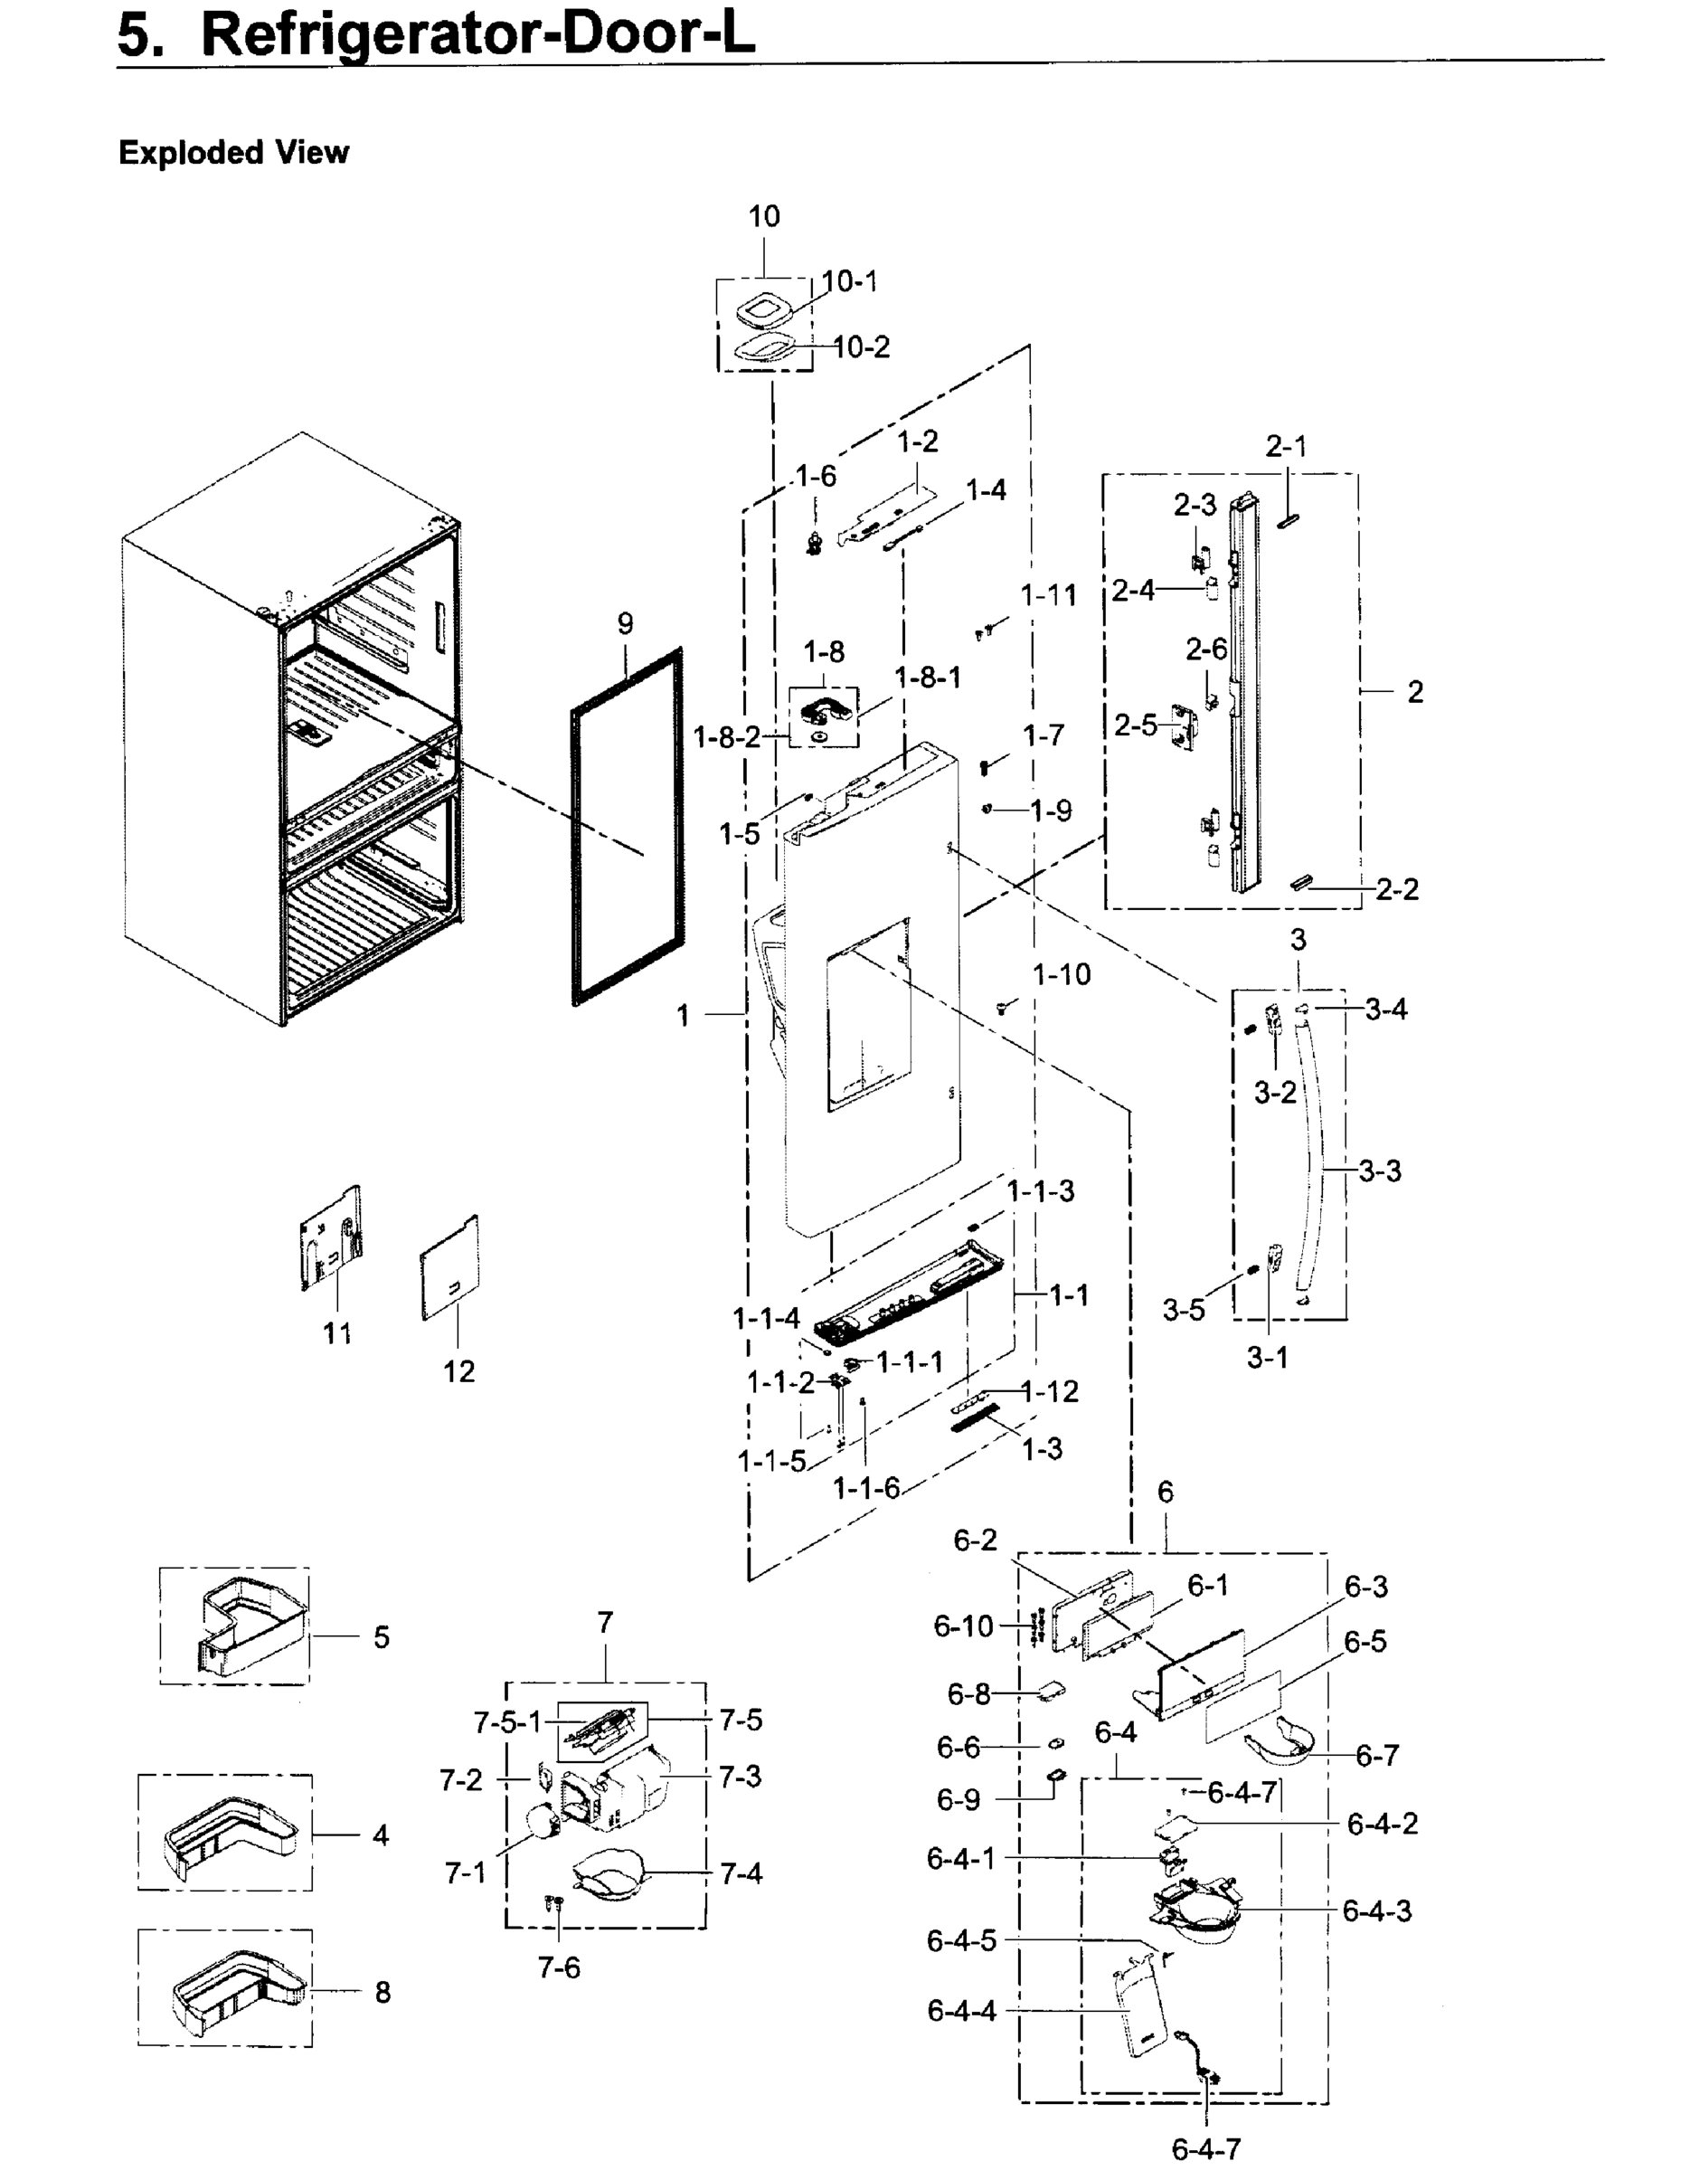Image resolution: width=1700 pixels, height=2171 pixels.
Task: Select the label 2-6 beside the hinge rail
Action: [1205, 650]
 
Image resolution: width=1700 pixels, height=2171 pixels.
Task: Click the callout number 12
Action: [458, 1371]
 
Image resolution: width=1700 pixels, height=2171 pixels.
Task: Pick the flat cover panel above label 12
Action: [450, 1269]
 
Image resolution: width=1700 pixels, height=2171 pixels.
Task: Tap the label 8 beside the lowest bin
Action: [382, 1993]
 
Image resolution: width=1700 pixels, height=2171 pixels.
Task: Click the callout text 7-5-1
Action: [506, 1721]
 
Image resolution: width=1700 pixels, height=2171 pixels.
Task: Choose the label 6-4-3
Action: [1376, 1911]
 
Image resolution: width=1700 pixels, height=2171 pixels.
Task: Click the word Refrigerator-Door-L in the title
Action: [477, 35]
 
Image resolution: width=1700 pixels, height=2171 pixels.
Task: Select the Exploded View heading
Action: [234, 152]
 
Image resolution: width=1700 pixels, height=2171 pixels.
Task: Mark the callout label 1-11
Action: [1048, 595]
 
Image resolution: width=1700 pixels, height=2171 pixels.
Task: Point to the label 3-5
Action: [1184, 1311]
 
